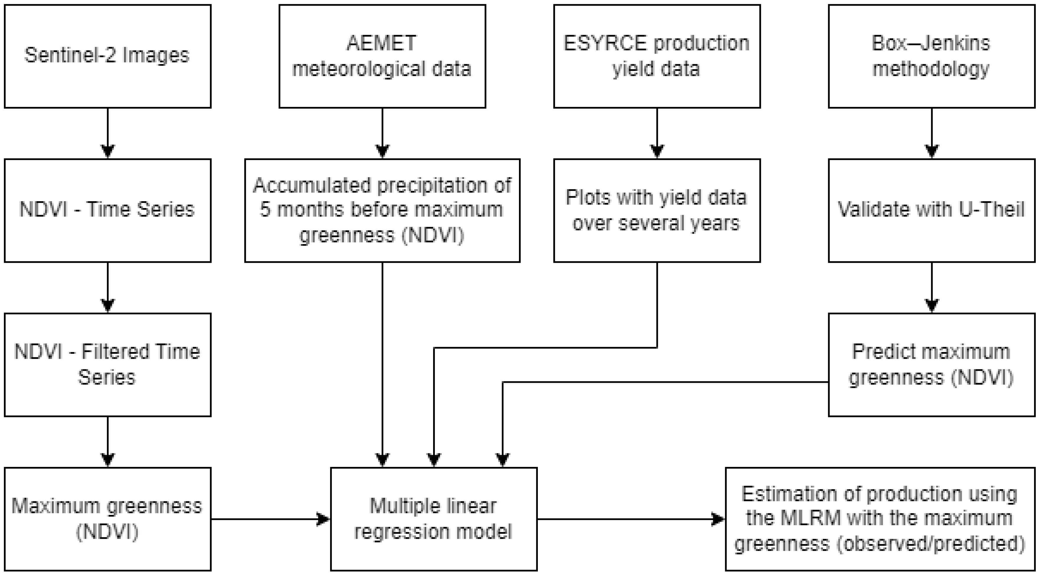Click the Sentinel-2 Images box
pos(107,56)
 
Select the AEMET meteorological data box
pos(382,56)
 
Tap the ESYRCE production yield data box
pos(656,56)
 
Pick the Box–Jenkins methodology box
pos(931,56)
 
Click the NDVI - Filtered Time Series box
pos(107,364)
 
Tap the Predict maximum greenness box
pos(931,364)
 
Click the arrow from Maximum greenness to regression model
pos(271,519)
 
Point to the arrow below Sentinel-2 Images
pos(107,133)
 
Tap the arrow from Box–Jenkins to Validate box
pos(931,133)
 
